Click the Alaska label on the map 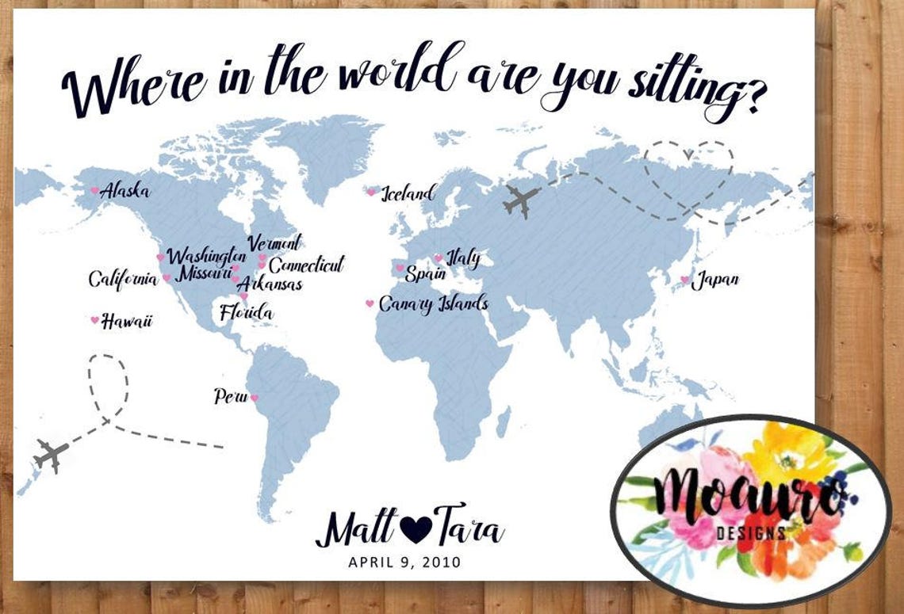pos(124,190)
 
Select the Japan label pos(715,280)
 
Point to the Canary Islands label pos(433,303)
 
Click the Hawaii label pos(127,321)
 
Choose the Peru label pos(230,396)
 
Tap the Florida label pos(246,312)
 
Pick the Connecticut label pos(306,265)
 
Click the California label pos(123,279)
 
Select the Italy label pos(463,258)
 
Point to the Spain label pos(425,274)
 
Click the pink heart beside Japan pos(684,280)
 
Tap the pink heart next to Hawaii pos(94,320)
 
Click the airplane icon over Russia pos(520,200)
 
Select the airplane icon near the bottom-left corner pos(51,455)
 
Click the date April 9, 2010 pos(404,563)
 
